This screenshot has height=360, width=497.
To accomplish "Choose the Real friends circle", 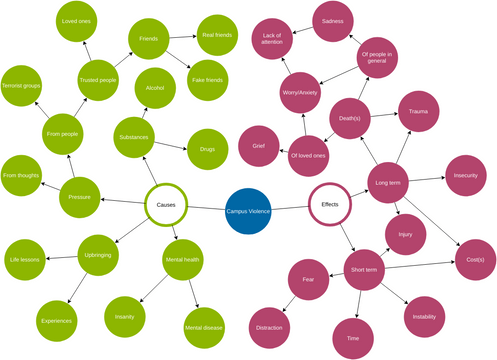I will tap(216, 35).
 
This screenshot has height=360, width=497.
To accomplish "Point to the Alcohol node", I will tap(155, 87).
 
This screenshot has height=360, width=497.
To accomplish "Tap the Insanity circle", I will tap(124, 316).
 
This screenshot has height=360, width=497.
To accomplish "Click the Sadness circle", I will tap(333, 20).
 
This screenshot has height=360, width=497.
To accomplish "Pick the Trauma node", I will tap(419, 111).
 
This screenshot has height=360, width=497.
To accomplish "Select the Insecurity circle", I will tap(465, 175).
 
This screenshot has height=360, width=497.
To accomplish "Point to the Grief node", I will tap(258, 145).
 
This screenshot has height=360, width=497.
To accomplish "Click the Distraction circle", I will tap(268, 327).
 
